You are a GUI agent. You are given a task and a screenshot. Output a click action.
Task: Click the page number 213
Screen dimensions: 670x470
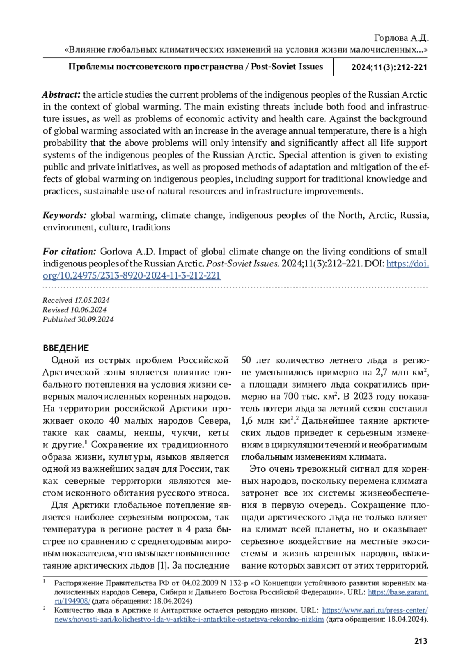pyautogui.click(x=420, y=641)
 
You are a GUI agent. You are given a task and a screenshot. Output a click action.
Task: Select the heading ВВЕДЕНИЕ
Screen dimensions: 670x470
pyautogui.click(x=66, y=348)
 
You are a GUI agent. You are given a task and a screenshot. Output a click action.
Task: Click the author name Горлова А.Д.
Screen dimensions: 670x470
pyautogui.click(x=401, y=38)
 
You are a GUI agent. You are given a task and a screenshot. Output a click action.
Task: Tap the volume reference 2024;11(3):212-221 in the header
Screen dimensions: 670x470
pyautogui.click(x=389, y=67)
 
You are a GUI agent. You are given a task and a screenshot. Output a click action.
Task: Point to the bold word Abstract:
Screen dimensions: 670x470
pyautogui.click(x=61, y=94)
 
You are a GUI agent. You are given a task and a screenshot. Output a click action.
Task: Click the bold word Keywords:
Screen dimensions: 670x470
pyautogui.click(x=64, y=215)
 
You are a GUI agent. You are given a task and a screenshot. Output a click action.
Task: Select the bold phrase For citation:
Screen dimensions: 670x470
pyautogui.click(x=69, y=251)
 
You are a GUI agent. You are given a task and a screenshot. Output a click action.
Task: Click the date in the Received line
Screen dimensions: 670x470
pyautogui.click(x=92, y=300)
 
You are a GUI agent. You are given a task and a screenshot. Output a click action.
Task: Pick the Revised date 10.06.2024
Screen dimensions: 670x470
pyautogui.click(x=89, y=310)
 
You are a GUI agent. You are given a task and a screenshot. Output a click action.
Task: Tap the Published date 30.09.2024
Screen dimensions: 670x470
pyautogui.click(x=96, y=319)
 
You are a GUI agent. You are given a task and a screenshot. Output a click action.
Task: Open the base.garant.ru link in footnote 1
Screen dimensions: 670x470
pyautogui.click(x=398, y=592)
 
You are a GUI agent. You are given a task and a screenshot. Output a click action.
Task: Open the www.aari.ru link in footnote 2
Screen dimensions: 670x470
pyautogui.click(x=374, y=610)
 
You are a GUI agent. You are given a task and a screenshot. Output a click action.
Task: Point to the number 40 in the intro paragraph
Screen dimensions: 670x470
pyautogui.click(x=114, y=420)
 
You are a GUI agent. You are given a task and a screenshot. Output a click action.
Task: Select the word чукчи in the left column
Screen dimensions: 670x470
pyautogui.click(x=186, y=433)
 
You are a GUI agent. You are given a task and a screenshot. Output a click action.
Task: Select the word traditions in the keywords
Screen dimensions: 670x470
pyautogui.click(x=151, y=227)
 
